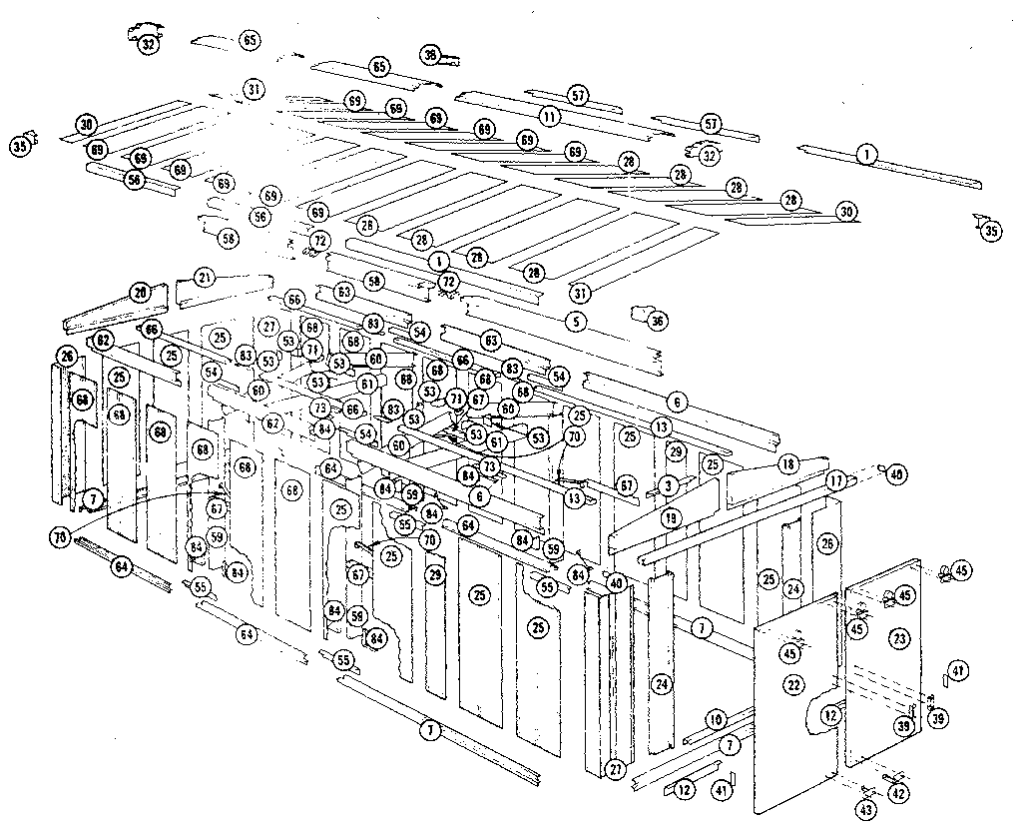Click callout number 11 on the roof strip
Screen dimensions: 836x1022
pyautogui.click(x=549, y=116)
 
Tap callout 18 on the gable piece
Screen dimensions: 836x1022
pyautogui.click(x=787, y=464)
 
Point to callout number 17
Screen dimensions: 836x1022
pyautogui.click(x=835, y=480)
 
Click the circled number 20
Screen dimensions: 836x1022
pyautogui.click(x=140, y=293)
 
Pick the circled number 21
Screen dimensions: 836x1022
pyautogui.click(x=205, y=277)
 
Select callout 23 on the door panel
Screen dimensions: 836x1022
pyautogui.click(x=899, y=635)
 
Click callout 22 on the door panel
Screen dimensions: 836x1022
pyautogui.click(x=793, y=684)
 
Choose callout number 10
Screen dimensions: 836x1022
pyautogui.click(x=715, y=719)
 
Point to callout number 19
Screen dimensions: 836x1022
pyautogui.click(x=670, y=518)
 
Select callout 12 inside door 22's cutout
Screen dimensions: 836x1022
pyautogui.click(x=829, y=715)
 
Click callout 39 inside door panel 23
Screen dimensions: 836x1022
pyautogui.click(x=903, y=726)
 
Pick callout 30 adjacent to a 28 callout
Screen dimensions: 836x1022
pyautogui.click(x=846, y=212)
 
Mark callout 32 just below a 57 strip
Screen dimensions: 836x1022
pyautogui.click(x=710, y=156)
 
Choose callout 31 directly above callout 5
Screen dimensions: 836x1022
pyautogui.click(x=580, y=293)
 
